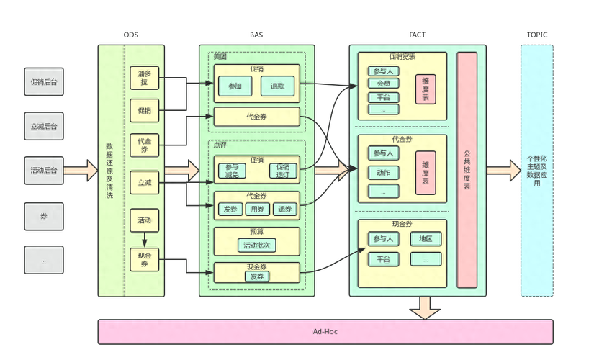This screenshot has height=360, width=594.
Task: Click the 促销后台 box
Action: pos(44,83)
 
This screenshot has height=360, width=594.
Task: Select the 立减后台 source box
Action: pos(44,127)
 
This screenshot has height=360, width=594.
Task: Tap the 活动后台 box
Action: pos(44,171)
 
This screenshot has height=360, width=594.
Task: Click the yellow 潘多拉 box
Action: pos(144,78)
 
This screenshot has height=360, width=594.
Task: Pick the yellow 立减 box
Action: pos(144,184)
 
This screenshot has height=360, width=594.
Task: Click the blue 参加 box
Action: pos(235,86)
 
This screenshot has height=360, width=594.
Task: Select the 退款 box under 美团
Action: pos(277,86)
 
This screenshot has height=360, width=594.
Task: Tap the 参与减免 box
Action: pos(232,171)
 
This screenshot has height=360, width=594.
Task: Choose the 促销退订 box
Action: pos(282,171)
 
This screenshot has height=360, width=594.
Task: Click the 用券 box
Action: pos(258,210)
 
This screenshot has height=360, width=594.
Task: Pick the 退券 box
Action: pos(285,210)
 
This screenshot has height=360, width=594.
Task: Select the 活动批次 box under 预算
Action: pos(256,246)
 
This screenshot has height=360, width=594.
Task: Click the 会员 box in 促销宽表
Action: pos(383,84)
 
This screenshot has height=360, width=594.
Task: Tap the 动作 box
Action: pos(383,173)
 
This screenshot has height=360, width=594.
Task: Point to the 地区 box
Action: pos(426,239)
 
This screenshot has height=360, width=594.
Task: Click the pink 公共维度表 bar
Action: pos(467,170)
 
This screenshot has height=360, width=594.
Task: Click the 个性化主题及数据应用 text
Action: pos(536,170)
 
